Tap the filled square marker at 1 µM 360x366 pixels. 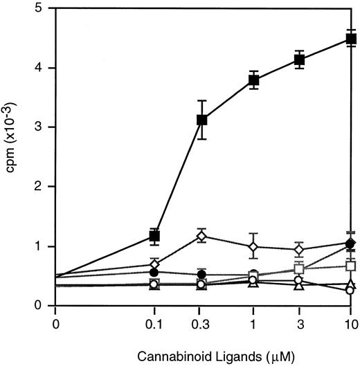pos(253,80)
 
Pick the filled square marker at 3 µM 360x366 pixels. pos(300,60)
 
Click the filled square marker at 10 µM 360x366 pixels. pos(350,39)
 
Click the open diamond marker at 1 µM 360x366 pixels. pos(253,246)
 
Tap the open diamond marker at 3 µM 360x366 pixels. pos(300,249)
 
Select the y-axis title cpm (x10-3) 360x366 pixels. pos(12,157)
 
